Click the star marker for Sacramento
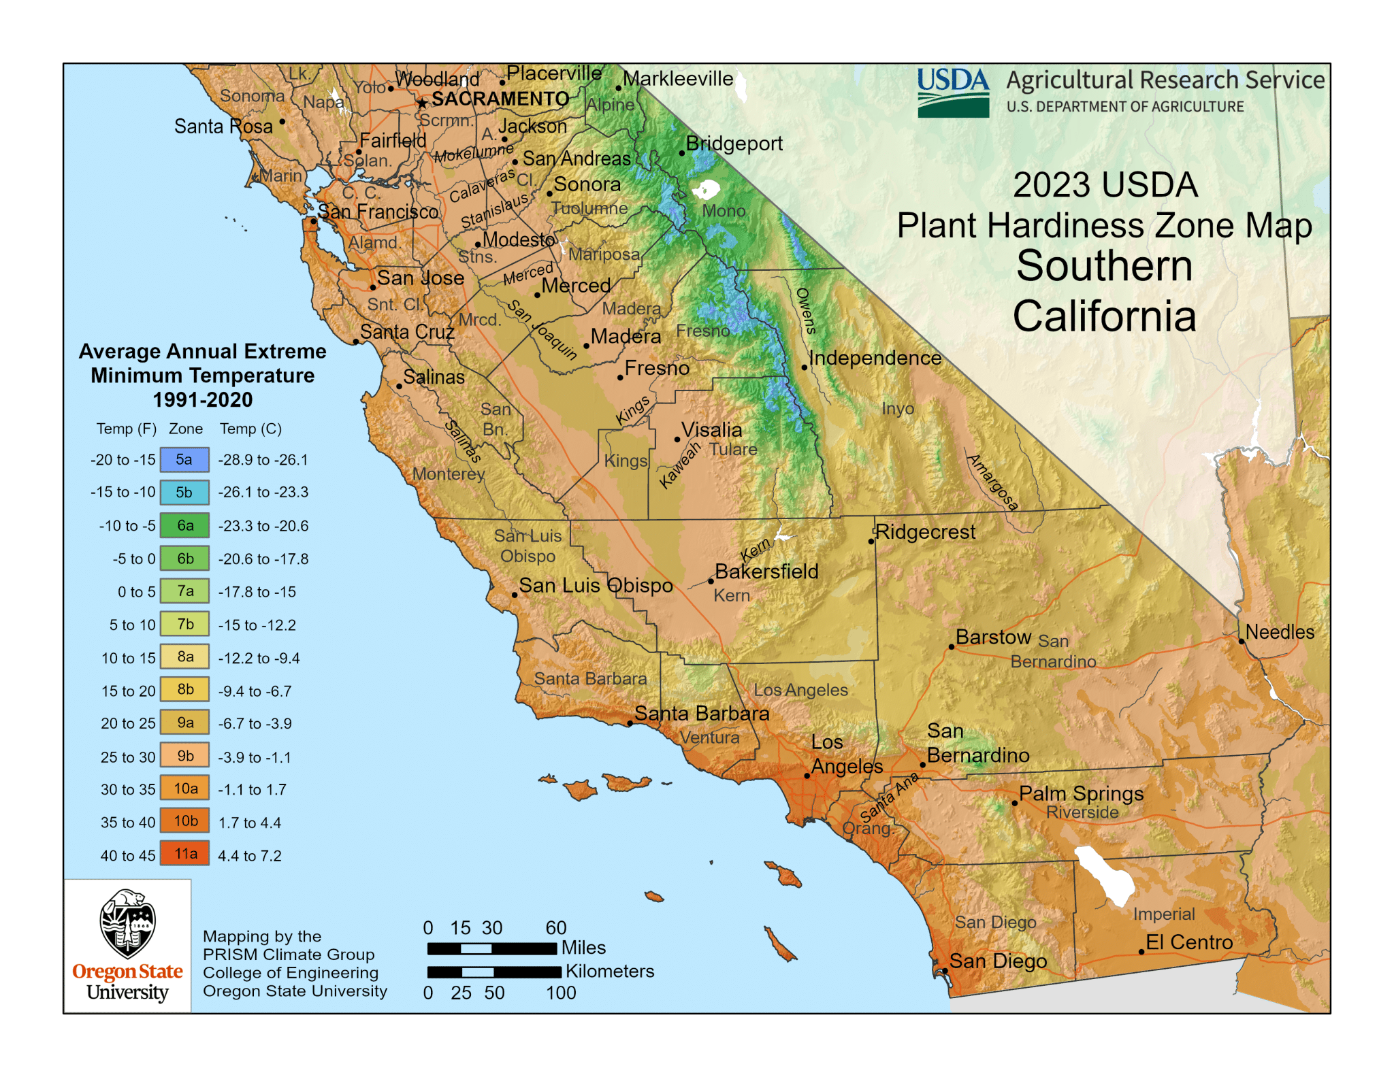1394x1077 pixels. click(x=422, y=103)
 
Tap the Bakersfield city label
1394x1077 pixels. click(x=766, y=571)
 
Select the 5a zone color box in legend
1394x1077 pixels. click(x=184, y=460)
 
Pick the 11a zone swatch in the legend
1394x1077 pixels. click(x=184, y=854)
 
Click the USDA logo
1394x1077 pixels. click(x=953, y=93)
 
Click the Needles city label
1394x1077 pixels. click(x=1280, y=632)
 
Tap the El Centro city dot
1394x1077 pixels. click(x=1141, y=952)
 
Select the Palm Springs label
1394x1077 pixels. click(x=1081, y=793)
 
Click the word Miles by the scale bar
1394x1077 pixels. click(x=583, y=948)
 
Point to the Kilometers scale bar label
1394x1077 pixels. click(x=610, y=972)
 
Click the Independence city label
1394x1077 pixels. click(x=875, y=358)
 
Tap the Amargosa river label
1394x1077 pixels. click(x=993, y=482)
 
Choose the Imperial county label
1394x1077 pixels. click(x=1164, y=914)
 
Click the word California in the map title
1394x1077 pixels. click(x=1104, y=316)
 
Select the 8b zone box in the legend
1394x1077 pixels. click(x=184, y=690)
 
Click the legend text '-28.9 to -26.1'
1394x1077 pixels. click(x=263, y=460)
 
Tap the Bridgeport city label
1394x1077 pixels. click(x=734, y=144)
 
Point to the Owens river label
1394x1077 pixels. click(x=805, y=311)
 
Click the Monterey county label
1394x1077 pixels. click(x=449, y=474)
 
